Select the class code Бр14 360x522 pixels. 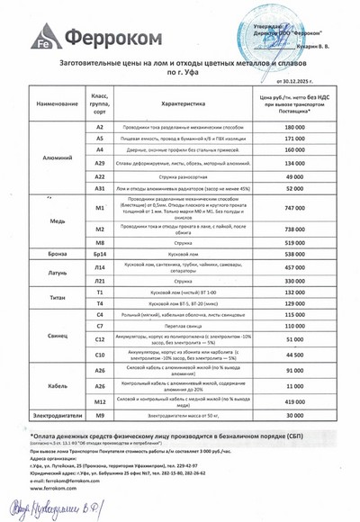100,256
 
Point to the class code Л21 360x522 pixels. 100,281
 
